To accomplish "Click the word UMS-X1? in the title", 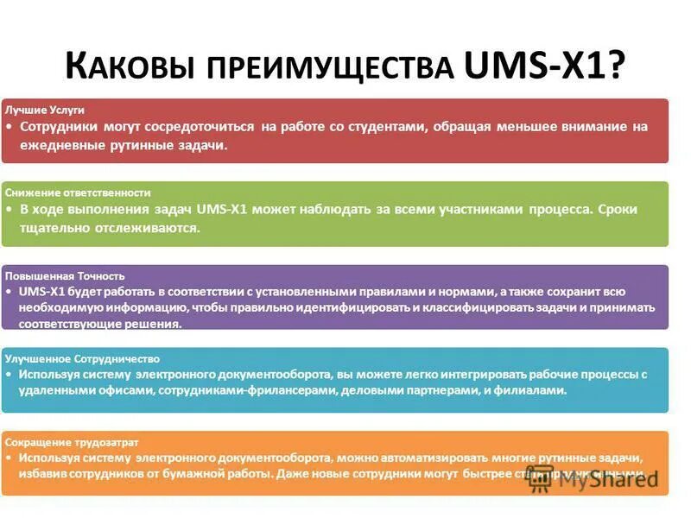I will click(545, 65).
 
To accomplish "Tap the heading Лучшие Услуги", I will click(45, 111).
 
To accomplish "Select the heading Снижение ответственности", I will click(78, 193).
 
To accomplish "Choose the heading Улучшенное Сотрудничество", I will click(82, 357).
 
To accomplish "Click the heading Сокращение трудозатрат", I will click(72, 440).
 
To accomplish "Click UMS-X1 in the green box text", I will click(224, 210).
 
